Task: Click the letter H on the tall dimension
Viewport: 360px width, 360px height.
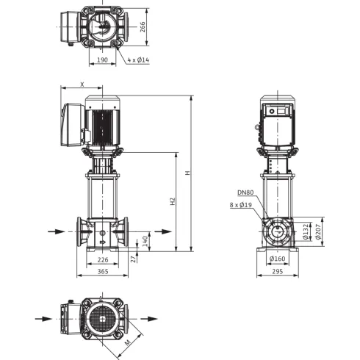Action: point(188,173)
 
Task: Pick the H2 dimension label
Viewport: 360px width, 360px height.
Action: point(173,201)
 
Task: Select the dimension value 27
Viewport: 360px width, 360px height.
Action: point(133,258)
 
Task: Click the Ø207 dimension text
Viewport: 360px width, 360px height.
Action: point(317,232)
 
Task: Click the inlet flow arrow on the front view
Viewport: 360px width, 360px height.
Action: point(62,231)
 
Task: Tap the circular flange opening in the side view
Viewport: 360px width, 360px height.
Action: point(278,232)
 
